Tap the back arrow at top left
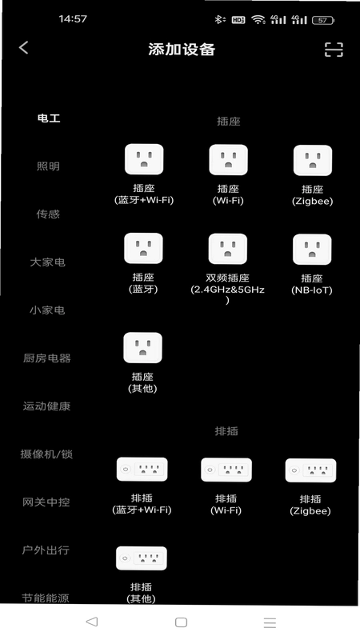[x=24, y=48]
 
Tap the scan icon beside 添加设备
[x=334, y=50]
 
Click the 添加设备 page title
[x=182, y=50]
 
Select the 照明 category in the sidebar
[x=48, y=166]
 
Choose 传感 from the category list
[x=48, y=214]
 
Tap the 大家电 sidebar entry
[x=47, y=262]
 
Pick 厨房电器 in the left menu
[x=47, y=358]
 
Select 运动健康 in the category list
[x=46, y=406]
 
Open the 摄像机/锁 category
[x=46, y=454]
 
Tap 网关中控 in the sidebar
[x=46, y=502]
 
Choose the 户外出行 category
[x=46, y=550]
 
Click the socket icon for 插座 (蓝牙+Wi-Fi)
[x=144, y=159]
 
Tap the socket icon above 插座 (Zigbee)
[x=313, y=161]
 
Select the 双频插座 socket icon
[x=228, y=249]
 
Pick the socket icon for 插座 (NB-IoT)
[x=312, y=250]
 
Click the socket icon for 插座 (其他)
[x=143, y=348]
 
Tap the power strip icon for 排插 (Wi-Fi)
[x=226, y=470]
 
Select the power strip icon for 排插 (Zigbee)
[x=310, y=470]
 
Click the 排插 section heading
[x=226, y=431]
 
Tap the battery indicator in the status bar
[x=323, y=20]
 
